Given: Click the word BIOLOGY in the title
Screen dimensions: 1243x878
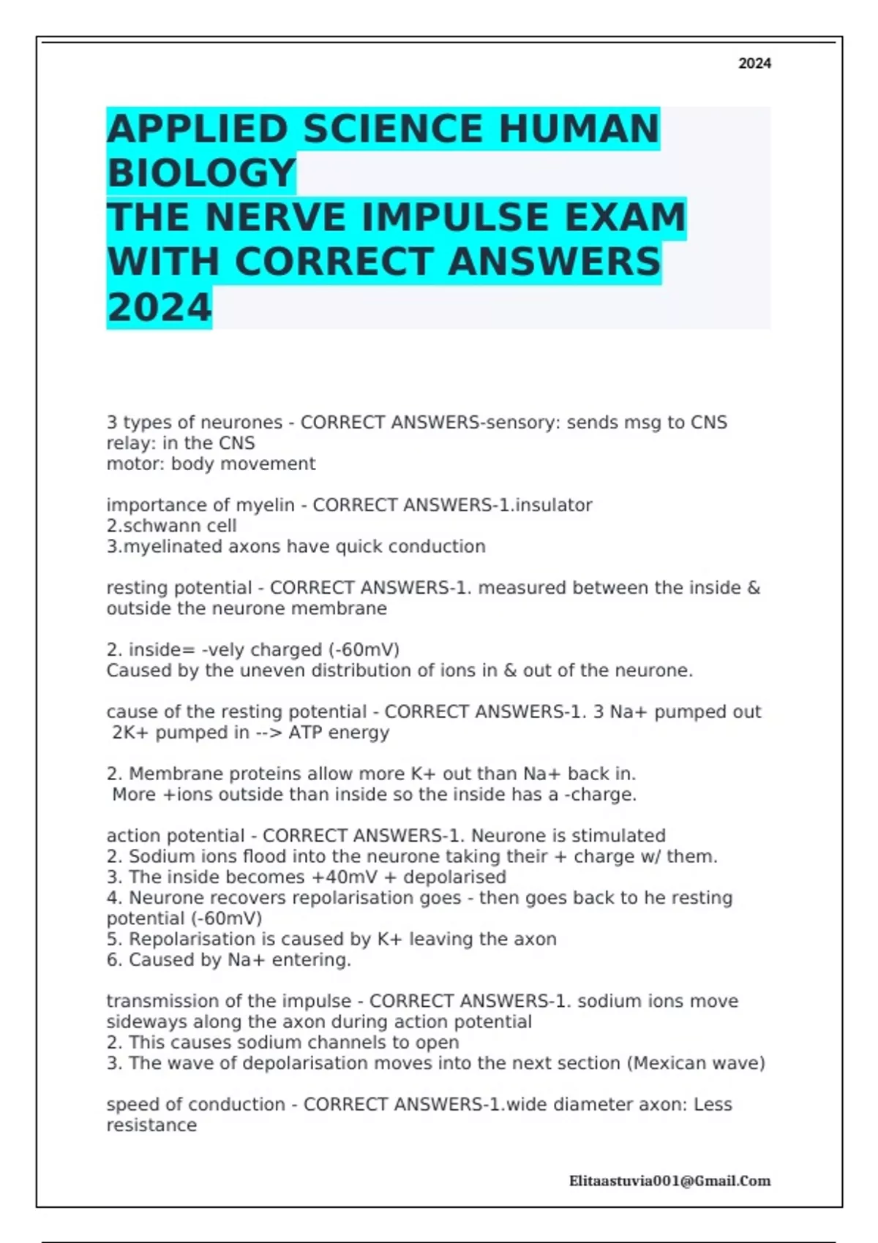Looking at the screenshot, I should click(201, 173).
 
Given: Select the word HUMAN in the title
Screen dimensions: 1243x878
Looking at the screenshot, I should click(579, 129).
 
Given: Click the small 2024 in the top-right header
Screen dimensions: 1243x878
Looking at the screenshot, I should click(754, 64).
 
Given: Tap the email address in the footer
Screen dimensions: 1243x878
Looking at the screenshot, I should click(669, 1180).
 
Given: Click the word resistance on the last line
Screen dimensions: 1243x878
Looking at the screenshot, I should click(151, 1125).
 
